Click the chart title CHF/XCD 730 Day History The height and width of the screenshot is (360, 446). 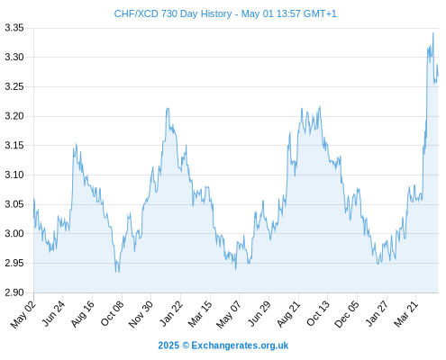173,13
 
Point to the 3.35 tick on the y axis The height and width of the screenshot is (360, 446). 14,28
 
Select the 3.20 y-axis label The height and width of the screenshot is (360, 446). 14,116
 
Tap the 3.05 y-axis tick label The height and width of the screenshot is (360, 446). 14,204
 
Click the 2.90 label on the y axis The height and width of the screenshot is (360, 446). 14,292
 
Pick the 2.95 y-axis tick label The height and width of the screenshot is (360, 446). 14,263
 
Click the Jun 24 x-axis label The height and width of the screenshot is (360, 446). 53,313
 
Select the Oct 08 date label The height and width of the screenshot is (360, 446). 112,313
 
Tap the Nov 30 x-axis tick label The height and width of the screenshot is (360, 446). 141,314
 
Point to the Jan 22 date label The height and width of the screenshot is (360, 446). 171,313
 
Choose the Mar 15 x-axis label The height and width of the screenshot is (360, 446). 200,314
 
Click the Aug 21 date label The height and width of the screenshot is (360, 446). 288,314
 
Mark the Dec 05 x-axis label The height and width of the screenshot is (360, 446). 347,314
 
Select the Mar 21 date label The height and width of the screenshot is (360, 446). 406,314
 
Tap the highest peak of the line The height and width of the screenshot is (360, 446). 433,32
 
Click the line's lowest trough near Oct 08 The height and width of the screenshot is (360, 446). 115,272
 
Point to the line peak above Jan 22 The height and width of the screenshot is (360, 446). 168,108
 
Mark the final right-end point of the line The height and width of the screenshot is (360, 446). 438,76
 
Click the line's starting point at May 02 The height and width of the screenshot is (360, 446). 34,199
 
